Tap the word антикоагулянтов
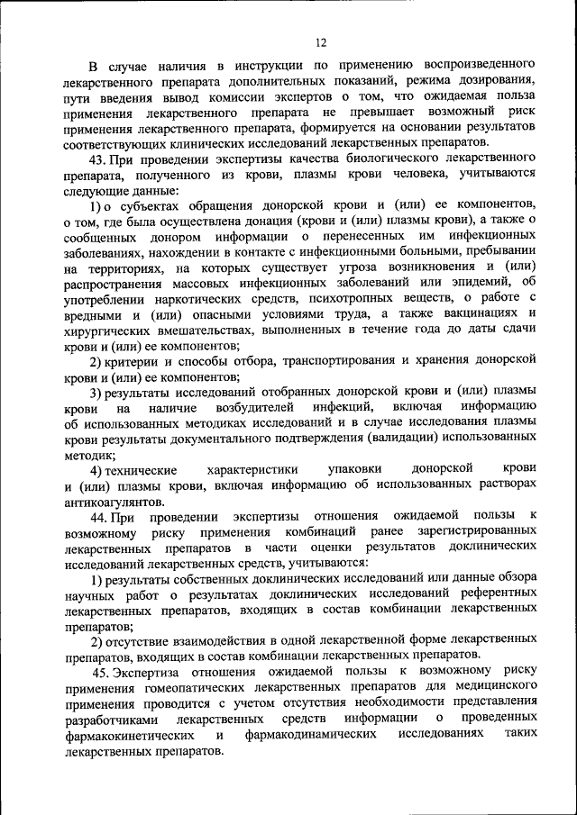pos(114,502)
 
